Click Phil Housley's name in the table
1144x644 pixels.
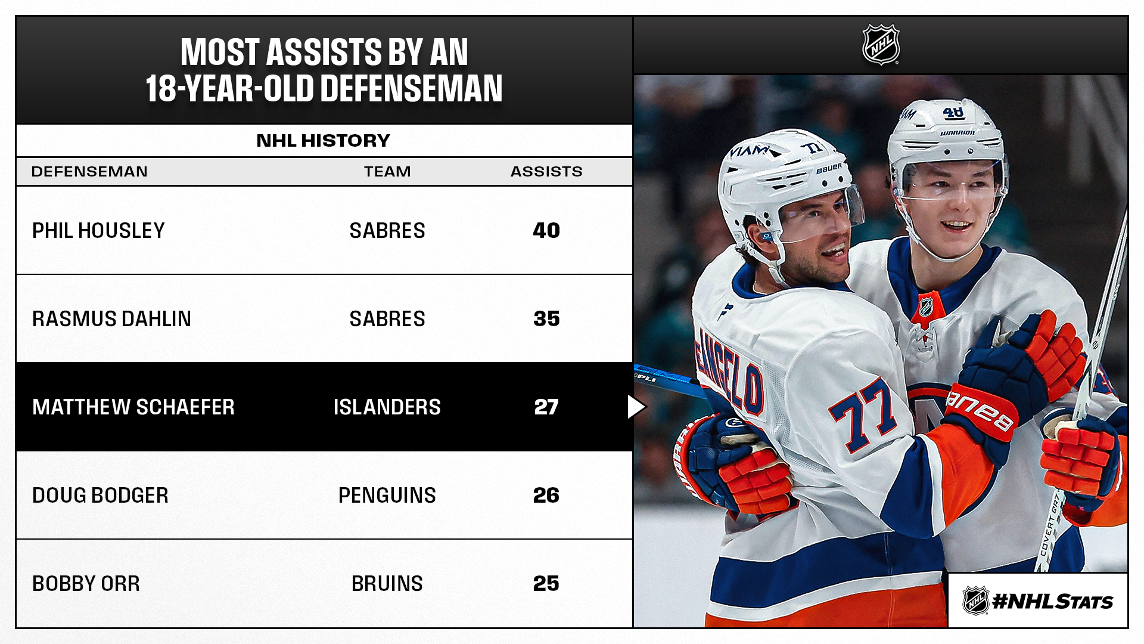[x=98, y=231]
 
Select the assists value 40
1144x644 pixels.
[x=546, y=231]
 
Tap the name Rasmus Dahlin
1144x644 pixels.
[x=111, y=319]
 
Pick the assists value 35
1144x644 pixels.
[x=546, y=319]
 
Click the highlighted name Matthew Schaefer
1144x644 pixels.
[x=133, y=407]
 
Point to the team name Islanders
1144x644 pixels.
[x=387, y=407]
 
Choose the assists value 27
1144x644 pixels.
[x=546, y=407]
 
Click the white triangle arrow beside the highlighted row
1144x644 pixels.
[x=635, y=407]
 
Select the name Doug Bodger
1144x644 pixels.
[x=100, y=496]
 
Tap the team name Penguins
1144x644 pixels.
[x=387, y=496]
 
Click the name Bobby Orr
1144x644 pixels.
[x=86, y=584]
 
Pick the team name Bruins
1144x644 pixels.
[x=387, y=584]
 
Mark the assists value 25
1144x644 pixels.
[x=546, y=584]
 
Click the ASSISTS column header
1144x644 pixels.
[x=546, y=172]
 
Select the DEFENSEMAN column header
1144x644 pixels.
[x=89, y=172]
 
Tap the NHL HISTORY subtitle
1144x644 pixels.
[x=323, y=141]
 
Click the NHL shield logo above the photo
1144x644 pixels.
[x=881, y=45]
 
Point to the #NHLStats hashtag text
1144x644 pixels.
[x=1053, y=602]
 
